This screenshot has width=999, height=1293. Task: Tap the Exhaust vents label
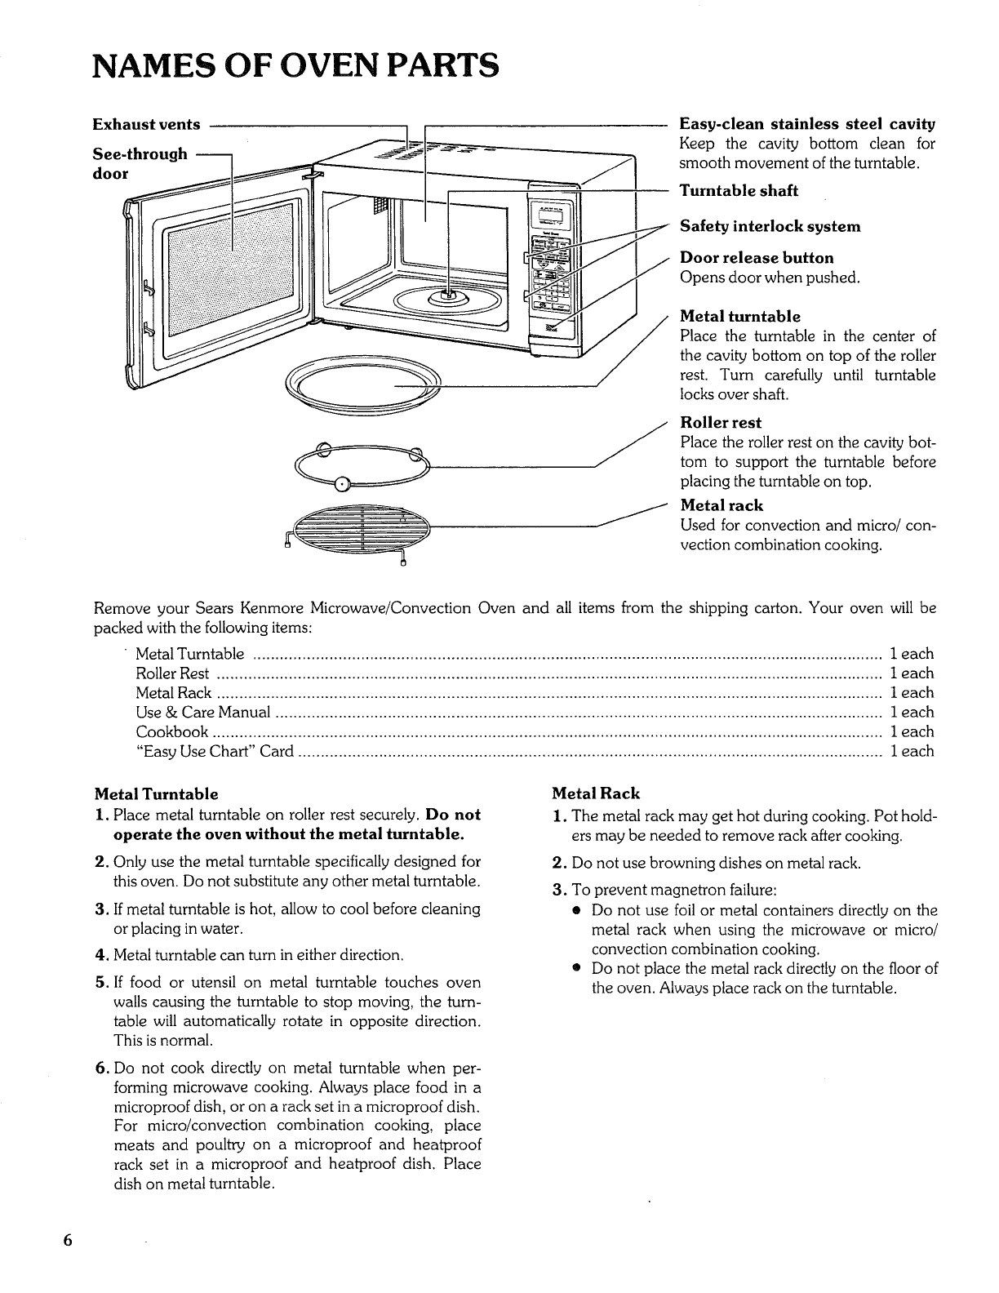coord(146,125)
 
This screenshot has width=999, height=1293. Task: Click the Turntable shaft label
coord(739,191)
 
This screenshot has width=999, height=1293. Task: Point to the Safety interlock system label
coord(770,226)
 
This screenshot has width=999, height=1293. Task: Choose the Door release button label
coord(757,258)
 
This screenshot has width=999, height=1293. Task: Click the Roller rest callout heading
coord(720,423)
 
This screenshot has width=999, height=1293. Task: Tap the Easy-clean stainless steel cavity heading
coord(806,125)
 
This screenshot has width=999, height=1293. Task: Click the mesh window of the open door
coord(230,269)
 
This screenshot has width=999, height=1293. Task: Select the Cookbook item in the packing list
coord(171,732)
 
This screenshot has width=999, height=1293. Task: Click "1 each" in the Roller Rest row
coord(912,673)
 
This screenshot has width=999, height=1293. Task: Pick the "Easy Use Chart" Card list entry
coord(215,752)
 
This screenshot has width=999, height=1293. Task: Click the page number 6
coord(69,1240)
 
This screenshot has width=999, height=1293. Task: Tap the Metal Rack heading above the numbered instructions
coord(596,793)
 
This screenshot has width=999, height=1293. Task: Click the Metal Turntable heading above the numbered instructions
coord(157,794)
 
